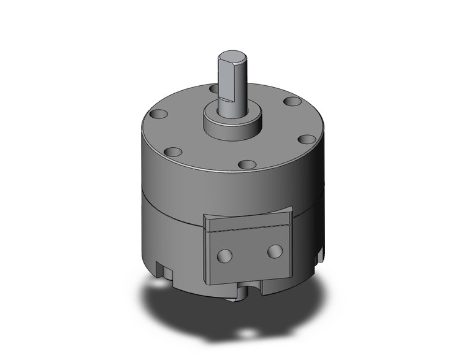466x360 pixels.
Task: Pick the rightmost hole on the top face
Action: [x=292, y=101]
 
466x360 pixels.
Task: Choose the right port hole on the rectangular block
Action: [x=275, y=250]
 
